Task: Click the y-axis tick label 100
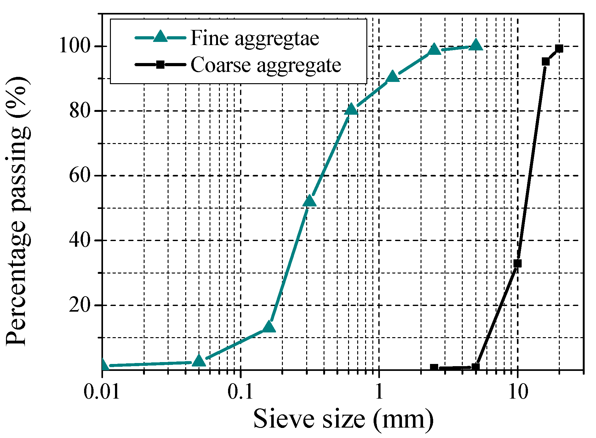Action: (x=75, y=46)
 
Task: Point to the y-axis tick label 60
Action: (x=80, y=176)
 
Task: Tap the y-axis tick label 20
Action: (x=80, y=305)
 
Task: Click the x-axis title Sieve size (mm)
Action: (x=343, y=419)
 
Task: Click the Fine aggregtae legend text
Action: (x=255, y=38)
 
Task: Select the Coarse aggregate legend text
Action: (x=266, y=65)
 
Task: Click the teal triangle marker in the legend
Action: (x=160, y=37)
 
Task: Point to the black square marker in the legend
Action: (x=160, y=65)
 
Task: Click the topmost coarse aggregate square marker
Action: (x=559, y=49)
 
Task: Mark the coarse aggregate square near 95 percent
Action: (x=546, y=61)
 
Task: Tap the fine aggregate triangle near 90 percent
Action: (x=393, y=77)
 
